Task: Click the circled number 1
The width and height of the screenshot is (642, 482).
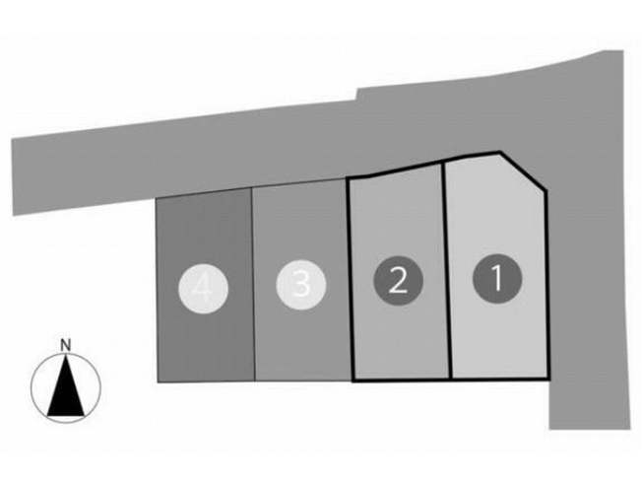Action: pyautogui.click(x=497, y=278)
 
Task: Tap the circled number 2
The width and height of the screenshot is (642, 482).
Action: pyautogui.click(x=398, y=280)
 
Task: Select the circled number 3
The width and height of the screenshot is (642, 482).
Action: pyautogui.click(x=301, y=285)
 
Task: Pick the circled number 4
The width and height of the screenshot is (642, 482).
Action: pyautogui.click(x=203, y=289)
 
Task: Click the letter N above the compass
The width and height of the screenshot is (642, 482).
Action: pyautogui.click(x=66, y=345)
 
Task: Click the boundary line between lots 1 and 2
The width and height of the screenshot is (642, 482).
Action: pyautogui.click(x=447, y=270)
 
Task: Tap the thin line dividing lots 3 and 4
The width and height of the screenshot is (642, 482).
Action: pyautogui.click(x=253, y=285)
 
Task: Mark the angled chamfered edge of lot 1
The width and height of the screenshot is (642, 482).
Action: pyautogui.click(x=523, y=172)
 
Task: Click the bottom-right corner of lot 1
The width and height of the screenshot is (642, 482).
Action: pyautogui.click(x=548, y=379)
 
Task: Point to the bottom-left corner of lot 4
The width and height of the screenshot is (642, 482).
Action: pyautogui.click(x=159, y=382)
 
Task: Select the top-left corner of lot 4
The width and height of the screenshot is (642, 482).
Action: pyautogui.click(x=156, y=198)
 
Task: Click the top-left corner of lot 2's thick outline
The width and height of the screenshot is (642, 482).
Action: pyautogui.click(x=348, y=178)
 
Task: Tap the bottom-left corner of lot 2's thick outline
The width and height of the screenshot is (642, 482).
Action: pyautogui.click(x=353, y=381)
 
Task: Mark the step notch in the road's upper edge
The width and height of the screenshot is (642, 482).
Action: pyautogui.click(x=356, y=95)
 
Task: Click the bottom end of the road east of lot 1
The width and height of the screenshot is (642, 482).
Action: pyautogui.click(x=590, y=429)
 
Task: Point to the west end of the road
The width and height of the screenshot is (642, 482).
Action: pyautogui.click(x=13, y=177)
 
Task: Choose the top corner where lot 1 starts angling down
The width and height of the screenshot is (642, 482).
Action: pyautogui.click(x=499, y=153)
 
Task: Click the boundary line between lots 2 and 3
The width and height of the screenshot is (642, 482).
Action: pyautogui.click(x=350, y=280)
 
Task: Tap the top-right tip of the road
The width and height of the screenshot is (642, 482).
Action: pyautogui.click(x=622, y=51)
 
